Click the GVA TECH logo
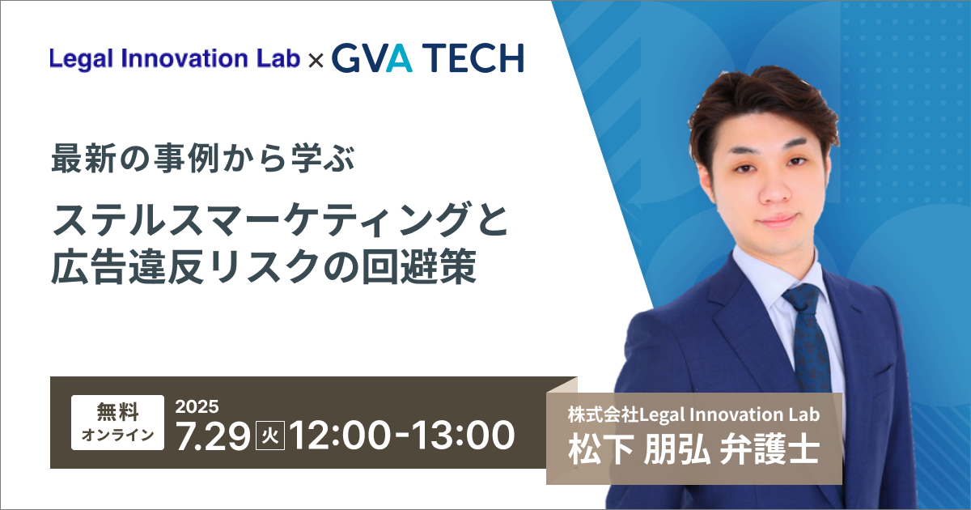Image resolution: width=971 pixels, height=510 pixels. click(x=428, y=57)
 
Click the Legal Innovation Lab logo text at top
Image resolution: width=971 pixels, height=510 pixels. click(x=175, y=58)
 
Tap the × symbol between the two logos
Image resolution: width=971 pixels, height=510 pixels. click(x=316, y=61)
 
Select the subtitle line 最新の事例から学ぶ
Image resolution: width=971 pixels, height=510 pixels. click(x=203, y=159)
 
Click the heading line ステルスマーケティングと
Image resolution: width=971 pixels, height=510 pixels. click(x=280, y=219)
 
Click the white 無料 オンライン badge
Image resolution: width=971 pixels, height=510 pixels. click(x=117, y=422)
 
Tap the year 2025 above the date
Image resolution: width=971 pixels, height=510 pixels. click(x=197, y=406)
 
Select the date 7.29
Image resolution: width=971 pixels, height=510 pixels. click(x=213, y=436)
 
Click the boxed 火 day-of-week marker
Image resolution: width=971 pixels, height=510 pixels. click(x=270, y=436)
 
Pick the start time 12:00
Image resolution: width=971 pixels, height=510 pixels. click(x=340, y=436)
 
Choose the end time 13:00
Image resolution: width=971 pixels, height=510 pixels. click(x=463, y=436)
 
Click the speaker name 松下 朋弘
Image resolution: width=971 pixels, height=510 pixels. click(x=639, y=450)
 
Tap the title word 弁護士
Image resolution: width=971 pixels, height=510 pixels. click(x=770, y=450)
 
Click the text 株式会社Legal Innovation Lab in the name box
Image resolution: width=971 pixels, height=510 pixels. click(x=694, y=414)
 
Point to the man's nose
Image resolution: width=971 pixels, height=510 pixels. click(x=776, y=191)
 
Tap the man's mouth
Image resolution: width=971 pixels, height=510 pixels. click(x=776, y=221)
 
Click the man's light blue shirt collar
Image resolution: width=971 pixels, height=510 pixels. click(x=776, y=278)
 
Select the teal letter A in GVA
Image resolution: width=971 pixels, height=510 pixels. click(x=399, y=57)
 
